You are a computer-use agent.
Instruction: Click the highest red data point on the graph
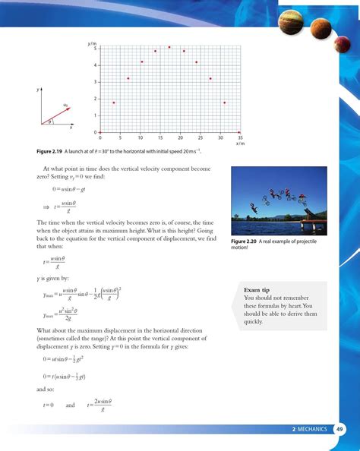169,47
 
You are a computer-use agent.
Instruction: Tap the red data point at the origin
100,131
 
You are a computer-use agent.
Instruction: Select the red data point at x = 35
239,131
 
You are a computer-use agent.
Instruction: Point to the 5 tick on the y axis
95,49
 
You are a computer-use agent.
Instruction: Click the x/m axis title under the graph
239,143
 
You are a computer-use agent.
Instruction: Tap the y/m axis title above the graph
93,43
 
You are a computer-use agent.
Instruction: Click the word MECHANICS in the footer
312,429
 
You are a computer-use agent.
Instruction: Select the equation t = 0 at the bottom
49,405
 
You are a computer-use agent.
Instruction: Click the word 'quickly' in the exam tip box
254,321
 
